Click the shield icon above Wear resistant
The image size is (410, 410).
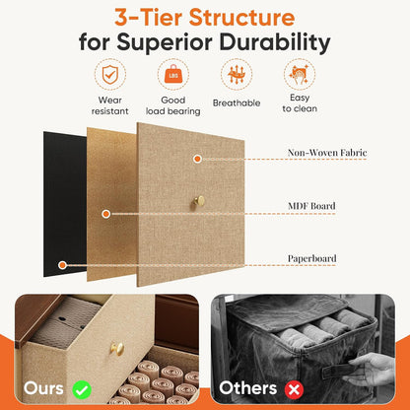pos(109,75)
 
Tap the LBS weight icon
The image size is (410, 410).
pos(173,75)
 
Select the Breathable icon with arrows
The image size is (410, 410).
pos(237,74)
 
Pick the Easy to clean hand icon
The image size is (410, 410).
pos(300,74)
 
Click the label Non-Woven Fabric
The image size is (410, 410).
pos(327,153)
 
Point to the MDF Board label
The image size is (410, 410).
pos(311,206)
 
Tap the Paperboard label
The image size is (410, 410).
pos(311,258)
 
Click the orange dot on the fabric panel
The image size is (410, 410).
pos(197,159)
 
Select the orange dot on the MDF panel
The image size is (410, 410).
pos(105,214)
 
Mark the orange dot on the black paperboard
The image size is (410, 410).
pos(62,265)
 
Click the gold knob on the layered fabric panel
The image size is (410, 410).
pos(198,201)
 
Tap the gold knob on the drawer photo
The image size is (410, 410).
pos(117,349)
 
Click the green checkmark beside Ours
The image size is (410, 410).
pos(82,389)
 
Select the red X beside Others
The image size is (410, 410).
pos(294,389)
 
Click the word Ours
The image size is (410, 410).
pos(43,388)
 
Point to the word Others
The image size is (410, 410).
pos(248,388)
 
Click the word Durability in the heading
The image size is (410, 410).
pos(275,43)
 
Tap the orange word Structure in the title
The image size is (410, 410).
pos(241,18)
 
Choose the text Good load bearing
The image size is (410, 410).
pos(173,105)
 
